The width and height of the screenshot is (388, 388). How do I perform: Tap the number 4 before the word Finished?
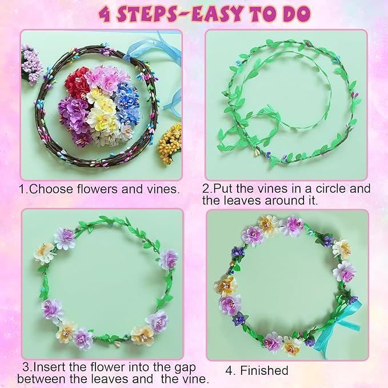229,370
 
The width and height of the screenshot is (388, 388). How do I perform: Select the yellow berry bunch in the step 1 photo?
170,143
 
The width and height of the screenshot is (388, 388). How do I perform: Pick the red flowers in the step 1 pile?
77,83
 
